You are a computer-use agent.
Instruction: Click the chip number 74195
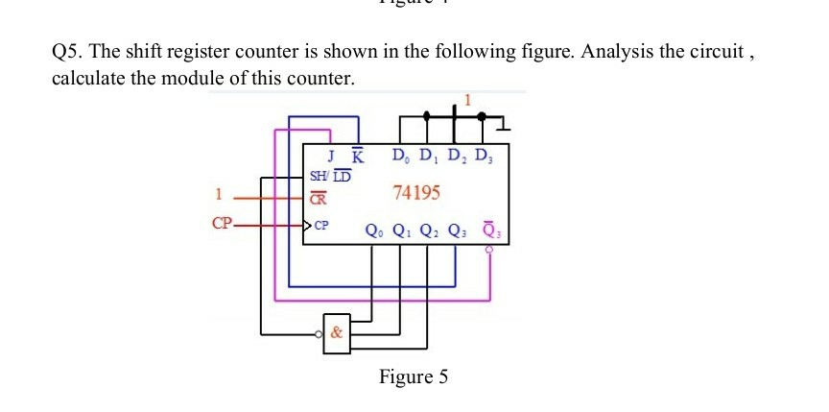coord(417,193)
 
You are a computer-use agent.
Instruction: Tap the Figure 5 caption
coord(413,376)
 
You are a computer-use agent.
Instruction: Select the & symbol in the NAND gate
coord(336,334)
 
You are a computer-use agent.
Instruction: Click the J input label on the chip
coord(331,157)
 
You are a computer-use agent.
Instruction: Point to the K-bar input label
coord(357,157)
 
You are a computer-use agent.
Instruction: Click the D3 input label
coord(486,156)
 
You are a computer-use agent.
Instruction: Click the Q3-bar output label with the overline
coord(490,230)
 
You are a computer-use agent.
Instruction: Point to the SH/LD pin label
coord(330,176)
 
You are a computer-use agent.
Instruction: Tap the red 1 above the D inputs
coord(468,99)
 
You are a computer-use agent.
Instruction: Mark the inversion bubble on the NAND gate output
coord(320,335)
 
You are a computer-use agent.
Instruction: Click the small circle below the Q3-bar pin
coord(490,249)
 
